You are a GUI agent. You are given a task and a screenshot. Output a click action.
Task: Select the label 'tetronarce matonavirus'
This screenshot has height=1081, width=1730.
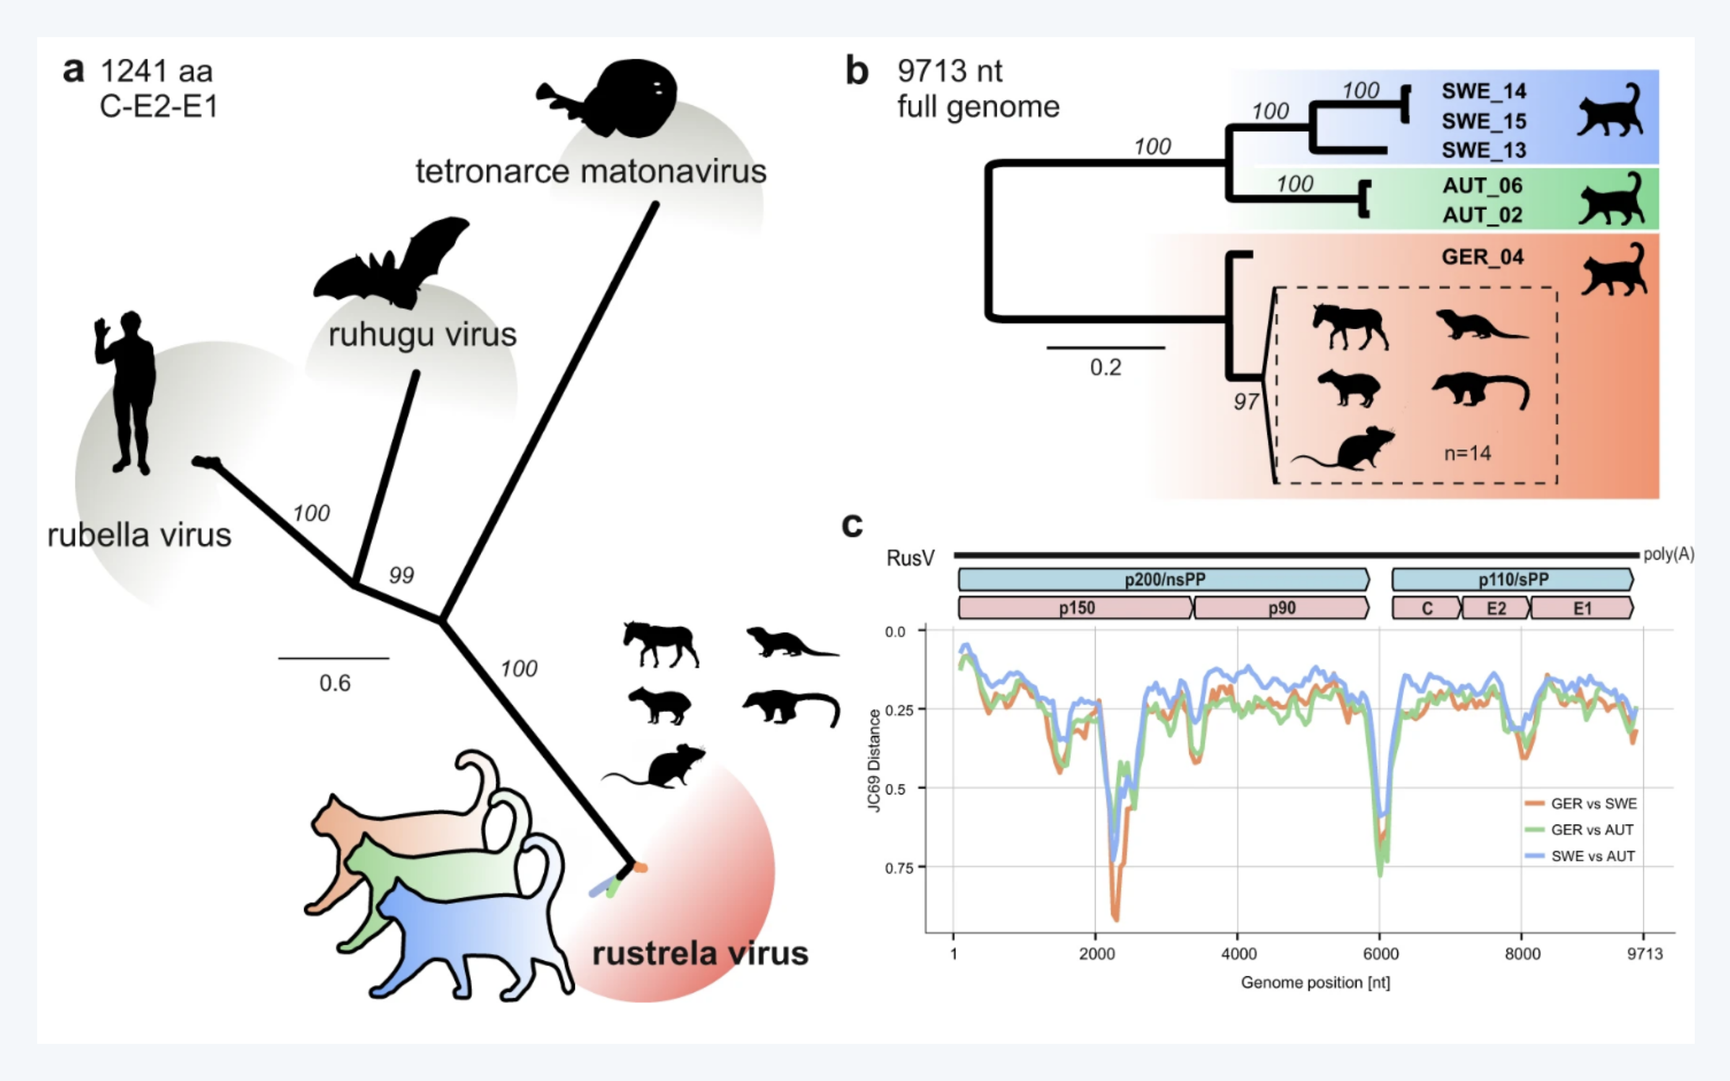(x=591, y=171)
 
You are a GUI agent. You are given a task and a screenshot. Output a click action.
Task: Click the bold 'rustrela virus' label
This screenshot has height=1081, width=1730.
(x=700, y=953)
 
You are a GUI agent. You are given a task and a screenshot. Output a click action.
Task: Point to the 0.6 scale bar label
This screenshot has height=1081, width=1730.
(x=334, y=684)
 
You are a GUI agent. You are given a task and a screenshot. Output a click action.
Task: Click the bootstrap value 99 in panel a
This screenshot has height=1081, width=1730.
(x=401, y=575)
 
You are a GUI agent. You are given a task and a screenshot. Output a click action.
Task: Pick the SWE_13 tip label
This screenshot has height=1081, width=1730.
(x=1484, y=150)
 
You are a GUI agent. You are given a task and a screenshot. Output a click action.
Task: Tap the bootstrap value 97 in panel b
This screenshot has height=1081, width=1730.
(x=1246, y=402)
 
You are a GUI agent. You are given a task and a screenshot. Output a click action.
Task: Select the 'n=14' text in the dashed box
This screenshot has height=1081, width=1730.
(x=1467, y=453)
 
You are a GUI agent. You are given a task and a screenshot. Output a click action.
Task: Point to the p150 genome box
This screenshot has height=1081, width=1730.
(x=1077, y=609)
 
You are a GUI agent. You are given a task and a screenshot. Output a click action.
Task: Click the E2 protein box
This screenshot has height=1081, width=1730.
(x=1495, y=609)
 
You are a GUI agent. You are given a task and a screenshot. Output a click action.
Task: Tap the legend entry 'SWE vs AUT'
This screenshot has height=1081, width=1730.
(x=1592, y=856)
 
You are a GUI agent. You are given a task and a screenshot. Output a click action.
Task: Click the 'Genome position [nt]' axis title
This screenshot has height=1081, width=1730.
(x=1315, y=983)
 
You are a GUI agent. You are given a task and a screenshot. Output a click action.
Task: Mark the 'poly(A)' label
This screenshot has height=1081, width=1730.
(x=1668, y=555)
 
